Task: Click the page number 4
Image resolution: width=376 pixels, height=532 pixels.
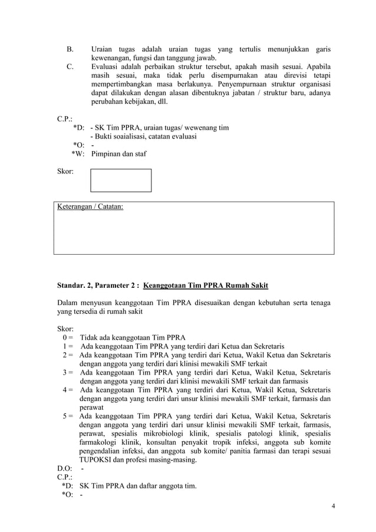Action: click(333, 506)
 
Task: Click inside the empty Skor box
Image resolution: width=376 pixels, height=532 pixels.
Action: click(121, 180)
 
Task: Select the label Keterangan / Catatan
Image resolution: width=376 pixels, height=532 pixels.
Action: click(90, 207)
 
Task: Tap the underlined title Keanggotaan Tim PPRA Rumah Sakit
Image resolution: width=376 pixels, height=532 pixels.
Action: click(206, 286)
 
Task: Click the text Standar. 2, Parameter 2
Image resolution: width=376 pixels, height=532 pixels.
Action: click(97, 286)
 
